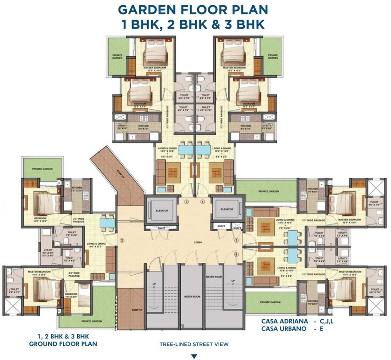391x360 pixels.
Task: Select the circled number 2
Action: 121,240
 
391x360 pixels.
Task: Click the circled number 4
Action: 203,202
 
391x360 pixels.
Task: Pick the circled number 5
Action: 236,240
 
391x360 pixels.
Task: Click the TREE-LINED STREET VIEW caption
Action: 194,344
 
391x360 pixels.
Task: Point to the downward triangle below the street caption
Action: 194,356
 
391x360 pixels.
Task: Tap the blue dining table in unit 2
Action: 107,222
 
